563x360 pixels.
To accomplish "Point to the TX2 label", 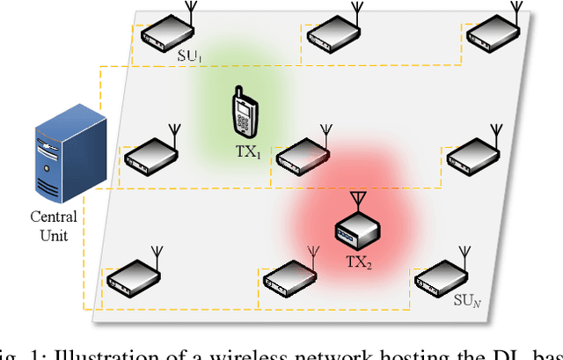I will [x=358, y=261].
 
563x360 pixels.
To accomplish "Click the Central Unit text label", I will [x=55, y=225].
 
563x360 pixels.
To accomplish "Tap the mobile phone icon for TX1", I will [x=245, y=113].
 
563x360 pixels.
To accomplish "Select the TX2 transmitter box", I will [x=357, y=231].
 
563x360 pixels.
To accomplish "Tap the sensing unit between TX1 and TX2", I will [x=303, y=155].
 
